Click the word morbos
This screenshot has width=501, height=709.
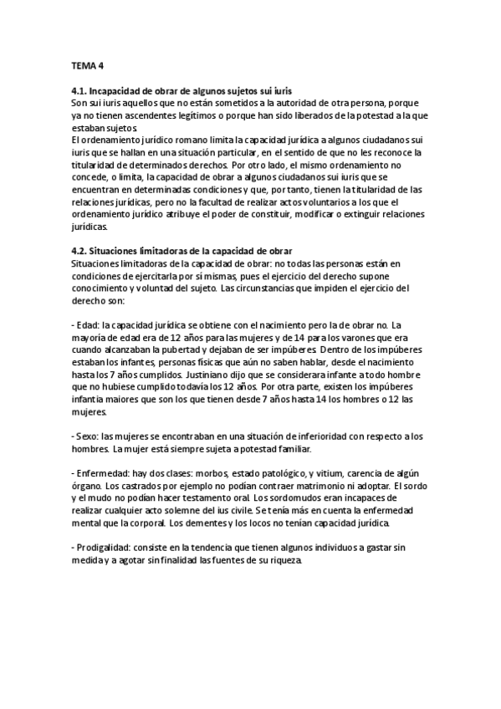[x=205, y=474]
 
